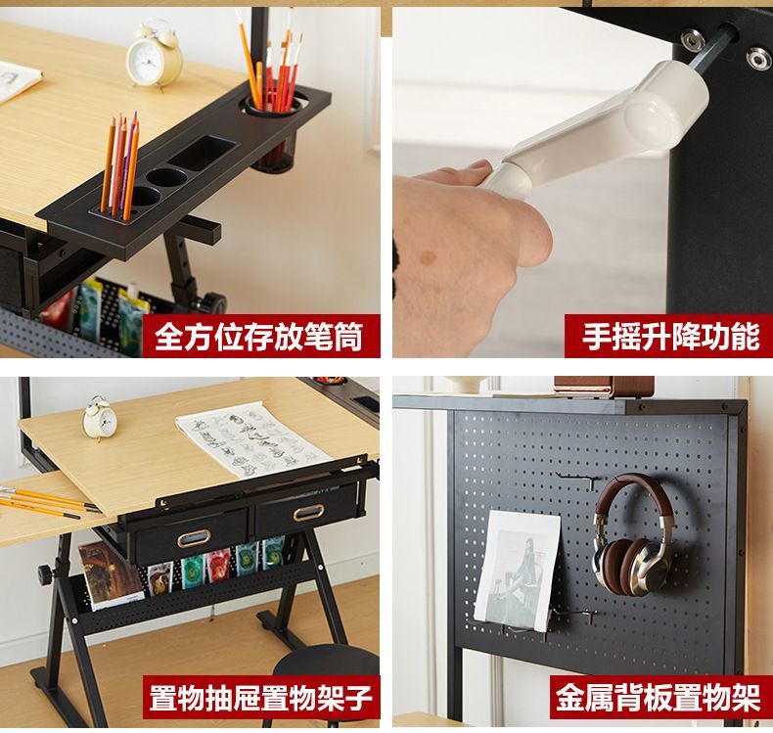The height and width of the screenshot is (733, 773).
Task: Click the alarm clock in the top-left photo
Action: coord(153,57)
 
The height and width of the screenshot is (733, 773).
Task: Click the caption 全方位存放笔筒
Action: coord(259,337)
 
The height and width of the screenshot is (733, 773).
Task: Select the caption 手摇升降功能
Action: coord(671,338)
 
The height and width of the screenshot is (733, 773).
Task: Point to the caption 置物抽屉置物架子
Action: coord(260,697)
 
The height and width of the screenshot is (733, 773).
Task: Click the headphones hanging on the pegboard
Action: coord(632,535)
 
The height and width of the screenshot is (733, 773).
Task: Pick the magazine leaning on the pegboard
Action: coord(517,571)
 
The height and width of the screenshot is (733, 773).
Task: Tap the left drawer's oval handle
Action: coord(195,537)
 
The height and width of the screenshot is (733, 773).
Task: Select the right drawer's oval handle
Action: coord(309,513)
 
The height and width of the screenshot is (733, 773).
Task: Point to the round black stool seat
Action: coord(326,664)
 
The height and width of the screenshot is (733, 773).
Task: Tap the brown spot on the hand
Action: coord(430,257)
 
